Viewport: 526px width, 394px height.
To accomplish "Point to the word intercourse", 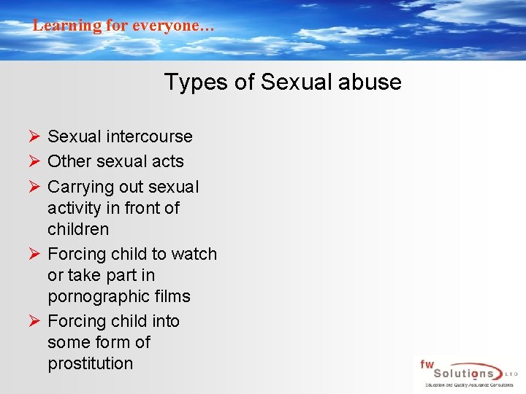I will click(149, 136).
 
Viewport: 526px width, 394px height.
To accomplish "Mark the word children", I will click(78, 229).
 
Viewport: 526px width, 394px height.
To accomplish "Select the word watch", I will click(194, 254).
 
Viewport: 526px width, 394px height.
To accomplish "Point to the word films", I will click(175, 296).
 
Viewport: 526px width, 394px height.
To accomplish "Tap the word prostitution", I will click(91, 363).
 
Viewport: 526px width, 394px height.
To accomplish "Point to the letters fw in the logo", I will click(427, 363).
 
